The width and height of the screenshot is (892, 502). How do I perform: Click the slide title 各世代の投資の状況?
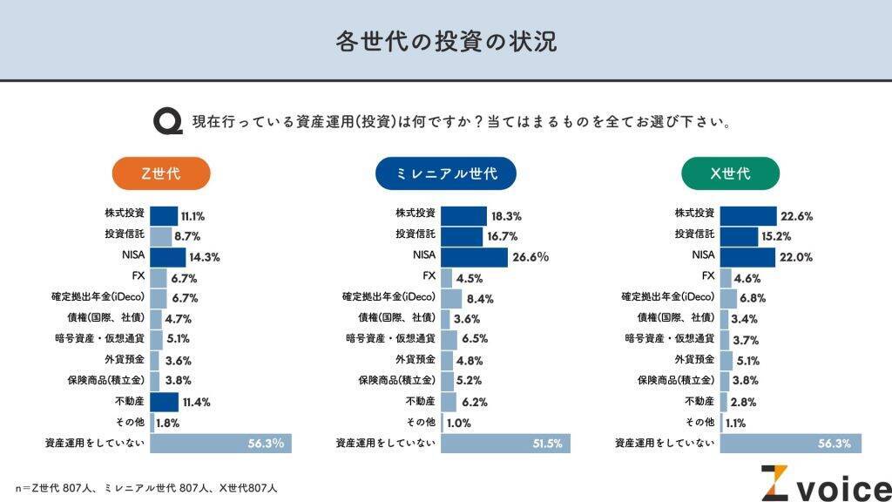tap(445, 41)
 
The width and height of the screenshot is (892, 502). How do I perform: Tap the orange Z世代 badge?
tap(161, 173)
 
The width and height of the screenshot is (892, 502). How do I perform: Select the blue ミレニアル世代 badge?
tap(445, 173)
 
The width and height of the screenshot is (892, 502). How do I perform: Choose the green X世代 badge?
tap(730, 173)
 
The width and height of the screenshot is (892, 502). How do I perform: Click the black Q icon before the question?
tap(167, 121)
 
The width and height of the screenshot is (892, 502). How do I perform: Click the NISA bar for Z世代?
tap(167, 257)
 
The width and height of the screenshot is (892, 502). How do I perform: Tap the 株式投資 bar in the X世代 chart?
tap(747, 216)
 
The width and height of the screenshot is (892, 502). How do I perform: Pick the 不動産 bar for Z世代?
tap(164, 402)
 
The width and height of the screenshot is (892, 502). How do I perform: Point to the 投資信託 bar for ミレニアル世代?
tap(462, 236)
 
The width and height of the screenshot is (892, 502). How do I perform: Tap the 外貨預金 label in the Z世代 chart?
tap(124, 360)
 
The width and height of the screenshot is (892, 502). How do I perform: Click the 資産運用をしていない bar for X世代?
tap(790, 444)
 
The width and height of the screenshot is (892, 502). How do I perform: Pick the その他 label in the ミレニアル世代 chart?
tap(421, 423)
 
